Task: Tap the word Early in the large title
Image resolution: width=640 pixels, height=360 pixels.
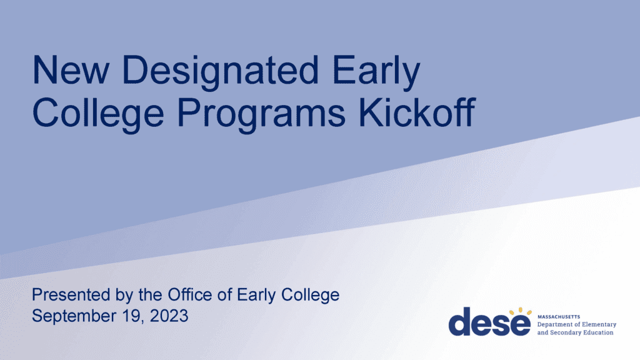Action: point(376,72)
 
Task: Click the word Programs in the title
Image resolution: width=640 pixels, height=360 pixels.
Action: point(262,115)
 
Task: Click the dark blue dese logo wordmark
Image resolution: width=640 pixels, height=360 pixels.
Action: point(489,322)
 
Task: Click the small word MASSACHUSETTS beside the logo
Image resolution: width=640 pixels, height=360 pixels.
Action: point(559,317)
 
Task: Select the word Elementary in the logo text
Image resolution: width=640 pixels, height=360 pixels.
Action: point(599,325)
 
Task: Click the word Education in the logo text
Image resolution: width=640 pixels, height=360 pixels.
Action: point(599,332)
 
